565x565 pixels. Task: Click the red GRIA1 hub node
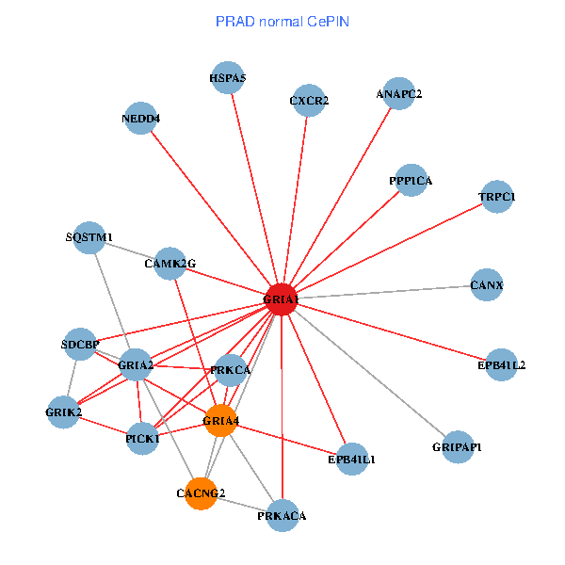(x=282, y=299)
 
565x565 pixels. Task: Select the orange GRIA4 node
(x=219, y=421)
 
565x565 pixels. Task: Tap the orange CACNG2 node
(x=201, y=492)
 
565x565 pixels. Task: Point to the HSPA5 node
(x=228, y=79)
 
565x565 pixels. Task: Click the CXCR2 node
(x=309, y=101)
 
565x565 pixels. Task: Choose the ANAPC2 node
(x=399, y=94)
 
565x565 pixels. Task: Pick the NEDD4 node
(x=141, y=120)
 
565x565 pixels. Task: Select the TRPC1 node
(x=496, y=198)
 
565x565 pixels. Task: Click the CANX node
(x=486, y=284)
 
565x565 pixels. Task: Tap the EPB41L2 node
(x=501, y=364)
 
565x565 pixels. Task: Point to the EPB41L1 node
(x=351, y=460)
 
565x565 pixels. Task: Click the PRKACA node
(x=282, y=516)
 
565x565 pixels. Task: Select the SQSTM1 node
(x=89, y=237)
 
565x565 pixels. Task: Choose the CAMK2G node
(x=170, y=264)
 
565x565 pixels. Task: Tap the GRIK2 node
(x=63, y=412)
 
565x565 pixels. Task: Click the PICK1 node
(x=142, y=439)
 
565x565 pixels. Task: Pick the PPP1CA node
(x=411, y=180)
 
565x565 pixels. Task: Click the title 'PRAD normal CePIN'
(x=282, y=21)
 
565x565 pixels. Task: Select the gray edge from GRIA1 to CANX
(x=386, y=292)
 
